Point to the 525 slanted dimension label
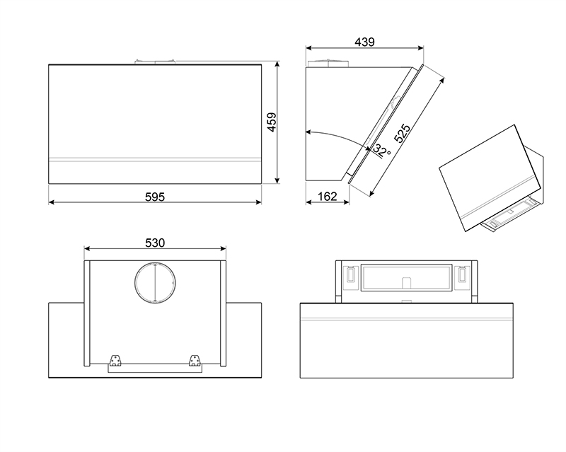pos(402,134)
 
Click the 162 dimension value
pos(326,197)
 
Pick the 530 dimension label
pos(155,242)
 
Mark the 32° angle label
pos(382,151)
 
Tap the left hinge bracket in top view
pos(115,360)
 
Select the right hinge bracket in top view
pos(194,360)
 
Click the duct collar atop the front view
pos(155,62)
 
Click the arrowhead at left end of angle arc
pos(309,132)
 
